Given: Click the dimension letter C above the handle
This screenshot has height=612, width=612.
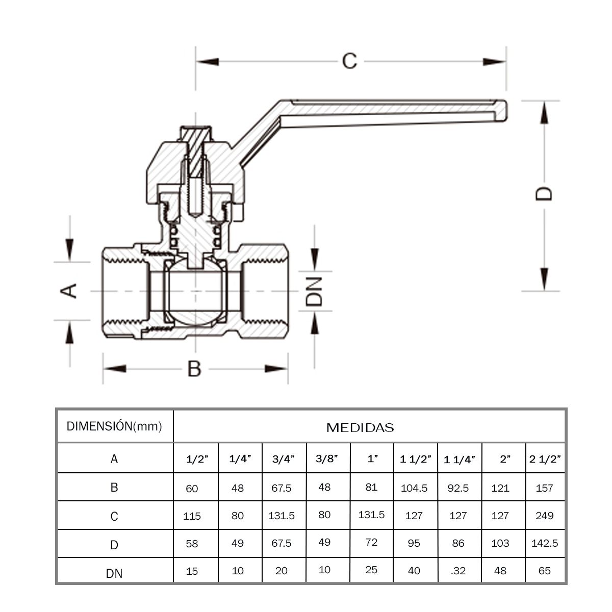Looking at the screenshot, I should pos(349,61).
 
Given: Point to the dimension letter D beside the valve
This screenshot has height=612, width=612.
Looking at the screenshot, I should pos(544,194).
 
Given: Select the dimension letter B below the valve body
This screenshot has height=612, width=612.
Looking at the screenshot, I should pos(194,368).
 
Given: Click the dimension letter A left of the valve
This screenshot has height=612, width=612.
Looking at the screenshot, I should pos(69,291).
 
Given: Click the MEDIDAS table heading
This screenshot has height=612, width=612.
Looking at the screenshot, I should pos(360,427).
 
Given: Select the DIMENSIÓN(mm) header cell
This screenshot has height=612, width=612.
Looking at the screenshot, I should pos(114,426).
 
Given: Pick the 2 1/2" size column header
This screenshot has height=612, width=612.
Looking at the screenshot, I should pos(545,459).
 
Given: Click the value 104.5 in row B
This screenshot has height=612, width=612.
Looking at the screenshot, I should pos(414,488).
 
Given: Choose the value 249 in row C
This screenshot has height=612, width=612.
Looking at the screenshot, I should pos(545,516).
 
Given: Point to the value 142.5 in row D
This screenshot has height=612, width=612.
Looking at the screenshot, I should pos(545,543).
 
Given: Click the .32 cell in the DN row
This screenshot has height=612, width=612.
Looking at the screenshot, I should pos(458,571).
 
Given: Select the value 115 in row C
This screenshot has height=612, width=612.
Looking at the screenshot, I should pos(192,516).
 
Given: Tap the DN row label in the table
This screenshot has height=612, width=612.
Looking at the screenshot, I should pos(114,573).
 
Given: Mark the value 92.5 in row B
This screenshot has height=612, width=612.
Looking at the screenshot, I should pos(458,488).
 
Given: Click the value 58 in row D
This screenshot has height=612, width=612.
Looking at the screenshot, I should pos(192,544).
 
